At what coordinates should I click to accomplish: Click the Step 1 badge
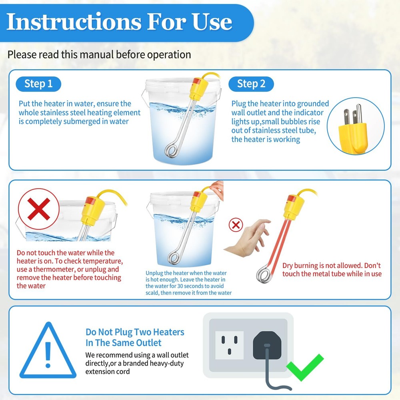coord(38,84)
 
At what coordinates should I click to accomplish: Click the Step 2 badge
coord(251,84)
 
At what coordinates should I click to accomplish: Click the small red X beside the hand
coord(236,225)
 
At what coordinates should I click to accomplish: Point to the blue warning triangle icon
coord(48,352)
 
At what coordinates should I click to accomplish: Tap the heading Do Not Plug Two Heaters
coord(135,332)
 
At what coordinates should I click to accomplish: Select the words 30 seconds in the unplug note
coord(198,286)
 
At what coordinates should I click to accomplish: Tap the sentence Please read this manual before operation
coord(99,54)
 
